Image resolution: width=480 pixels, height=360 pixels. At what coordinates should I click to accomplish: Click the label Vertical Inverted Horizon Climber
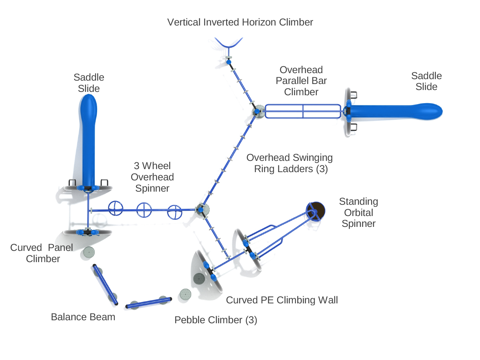click(240, 22)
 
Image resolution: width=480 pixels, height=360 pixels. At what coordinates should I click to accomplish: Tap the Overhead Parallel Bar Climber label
click(301, 81)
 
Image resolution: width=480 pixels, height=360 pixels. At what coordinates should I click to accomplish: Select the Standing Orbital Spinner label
click(358, 213)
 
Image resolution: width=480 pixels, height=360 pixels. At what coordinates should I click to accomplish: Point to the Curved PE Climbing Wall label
click(282, 300)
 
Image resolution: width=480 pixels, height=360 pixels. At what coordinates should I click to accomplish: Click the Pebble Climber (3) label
click(216, 320)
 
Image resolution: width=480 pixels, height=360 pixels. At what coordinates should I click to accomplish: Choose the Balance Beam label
click(83, 317)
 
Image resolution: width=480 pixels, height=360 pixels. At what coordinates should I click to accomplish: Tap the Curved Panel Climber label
click(42, 253)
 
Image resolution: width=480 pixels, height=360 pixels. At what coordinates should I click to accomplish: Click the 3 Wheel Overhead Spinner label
click(152, 177)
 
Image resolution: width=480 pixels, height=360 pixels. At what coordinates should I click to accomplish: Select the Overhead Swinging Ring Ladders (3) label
click(289, 163)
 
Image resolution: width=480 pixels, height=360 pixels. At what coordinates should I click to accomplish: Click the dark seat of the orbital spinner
click(316, 211)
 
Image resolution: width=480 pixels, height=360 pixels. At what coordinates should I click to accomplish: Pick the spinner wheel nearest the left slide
click(115, 208)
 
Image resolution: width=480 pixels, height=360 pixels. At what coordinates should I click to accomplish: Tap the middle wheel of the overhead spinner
click(144, 210)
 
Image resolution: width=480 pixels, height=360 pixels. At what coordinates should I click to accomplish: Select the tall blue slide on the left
click(88, 139)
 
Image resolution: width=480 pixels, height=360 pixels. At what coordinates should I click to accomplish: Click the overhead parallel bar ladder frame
click(303, 111)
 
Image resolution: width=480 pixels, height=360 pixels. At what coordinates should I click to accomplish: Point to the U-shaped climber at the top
click(229, 43)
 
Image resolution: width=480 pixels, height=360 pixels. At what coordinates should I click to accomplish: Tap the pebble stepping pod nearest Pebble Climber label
click(185, 294)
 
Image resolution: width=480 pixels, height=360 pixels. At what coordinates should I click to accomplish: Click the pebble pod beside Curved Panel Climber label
click(88, 252)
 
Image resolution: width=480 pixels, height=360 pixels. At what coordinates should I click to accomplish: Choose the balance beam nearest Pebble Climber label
click(148, 303)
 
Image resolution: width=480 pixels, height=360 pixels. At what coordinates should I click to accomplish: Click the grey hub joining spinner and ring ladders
click(202, 210)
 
